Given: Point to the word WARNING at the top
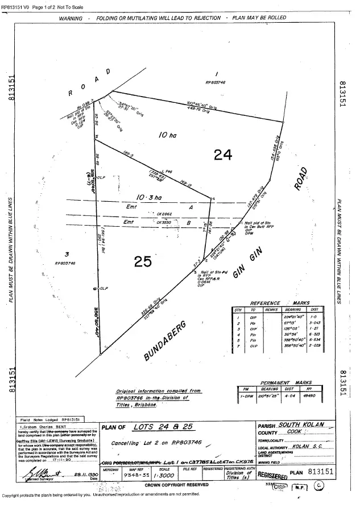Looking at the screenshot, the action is coord(71,18).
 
